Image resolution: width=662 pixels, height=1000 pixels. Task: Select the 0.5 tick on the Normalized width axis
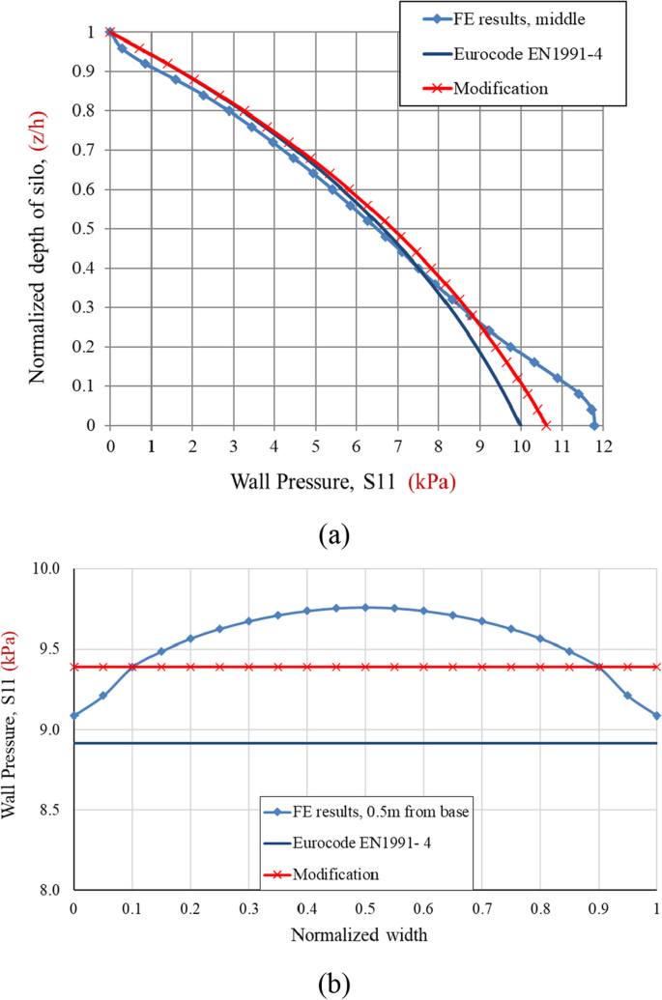365,908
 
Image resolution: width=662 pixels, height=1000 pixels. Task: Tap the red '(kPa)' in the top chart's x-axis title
431,480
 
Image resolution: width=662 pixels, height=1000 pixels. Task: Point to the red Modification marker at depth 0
546,425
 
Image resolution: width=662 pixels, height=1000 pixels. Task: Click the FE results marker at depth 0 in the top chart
594,425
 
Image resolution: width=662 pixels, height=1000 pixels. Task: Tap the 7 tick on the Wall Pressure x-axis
397,443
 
